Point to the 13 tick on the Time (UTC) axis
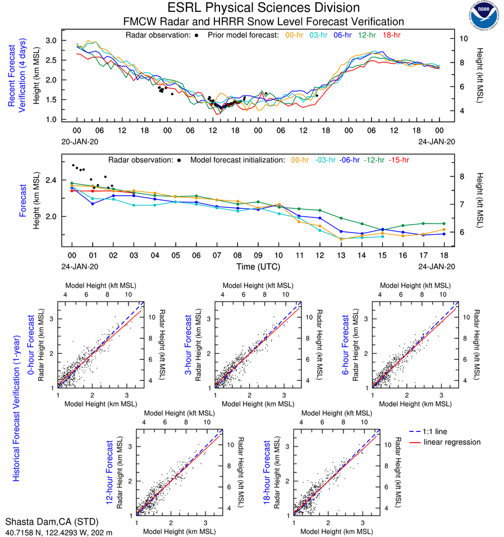coord(340,256)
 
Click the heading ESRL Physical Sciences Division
coord(263,8)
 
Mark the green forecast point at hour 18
coord(444,224)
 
